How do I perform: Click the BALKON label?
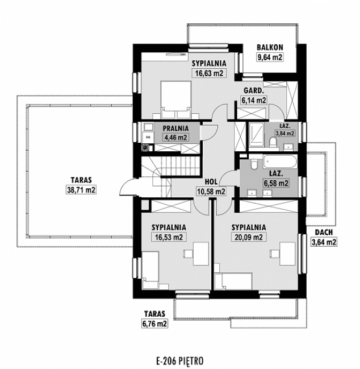click(270, 47)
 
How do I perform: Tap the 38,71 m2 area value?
click(81, 190)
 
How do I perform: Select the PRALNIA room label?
click(176, 128)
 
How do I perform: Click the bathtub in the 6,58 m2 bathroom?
click(280, 161)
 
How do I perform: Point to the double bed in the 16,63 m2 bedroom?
click(175, 99)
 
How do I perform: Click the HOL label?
click(211, 182)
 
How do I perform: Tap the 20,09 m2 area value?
click(249, 237)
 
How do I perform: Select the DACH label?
click(324, 233)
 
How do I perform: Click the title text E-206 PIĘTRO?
click(180, 361)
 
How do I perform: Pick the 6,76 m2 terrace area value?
click(154, 324)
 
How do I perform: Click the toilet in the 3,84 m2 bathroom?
click(273, 143)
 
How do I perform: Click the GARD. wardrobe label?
click(253, 90)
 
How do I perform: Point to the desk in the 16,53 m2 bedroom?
click(201, 254)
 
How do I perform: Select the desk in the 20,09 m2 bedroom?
click(287, 254)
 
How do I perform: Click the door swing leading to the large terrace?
click(129, 186)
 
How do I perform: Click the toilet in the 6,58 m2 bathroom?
click(254, 164)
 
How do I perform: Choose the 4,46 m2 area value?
click(176, 137)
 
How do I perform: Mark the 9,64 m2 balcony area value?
click(270, 57)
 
